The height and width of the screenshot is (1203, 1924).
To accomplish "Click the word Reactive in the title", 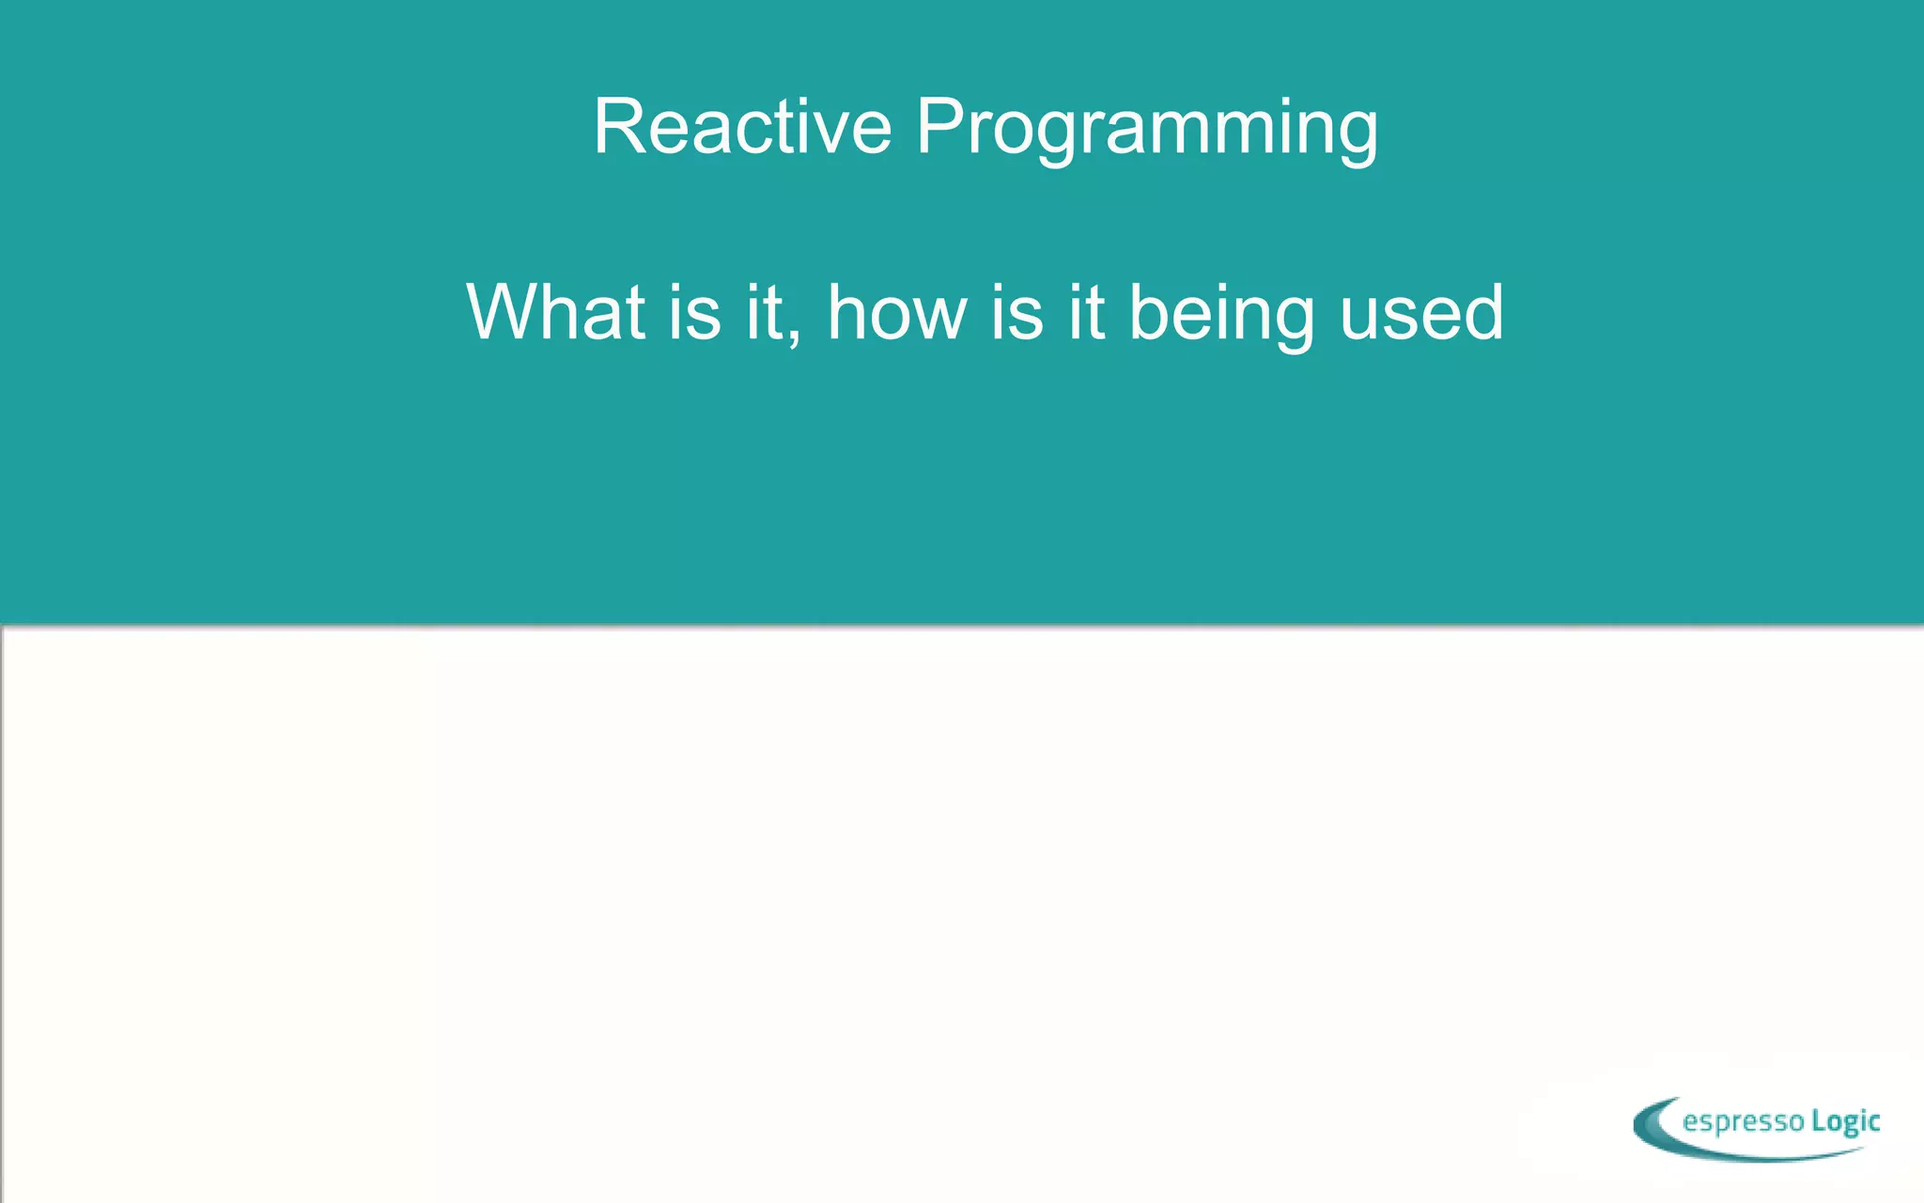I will pyautogui.click(x=742, y=127).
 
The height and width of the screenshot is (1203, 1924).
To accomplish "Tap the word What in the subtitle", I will pyautogui.click(x=555, y=312).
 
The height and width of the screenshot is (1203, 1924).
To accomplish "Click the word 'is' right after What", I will pyautogui.click(x=695, y=312).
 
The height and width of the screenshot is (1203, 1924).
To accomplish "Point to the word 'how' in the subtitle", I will pyautogui.click(x=896, y=312).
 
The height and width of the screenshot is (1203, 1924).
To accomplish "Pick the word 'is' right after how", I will pyautogui.click(x=1016, y=312).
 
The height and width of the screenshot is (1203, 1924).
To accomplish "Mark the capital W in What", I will pyautogui.click(x=507, y=312).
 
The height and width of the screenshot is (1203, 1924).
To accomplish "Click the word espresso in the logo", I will pyautogui.click(x=1744, y=1122).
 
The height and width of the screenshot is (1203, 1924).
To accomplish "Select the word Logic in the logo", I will pyautogui.click(x=1845, y=1122).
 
